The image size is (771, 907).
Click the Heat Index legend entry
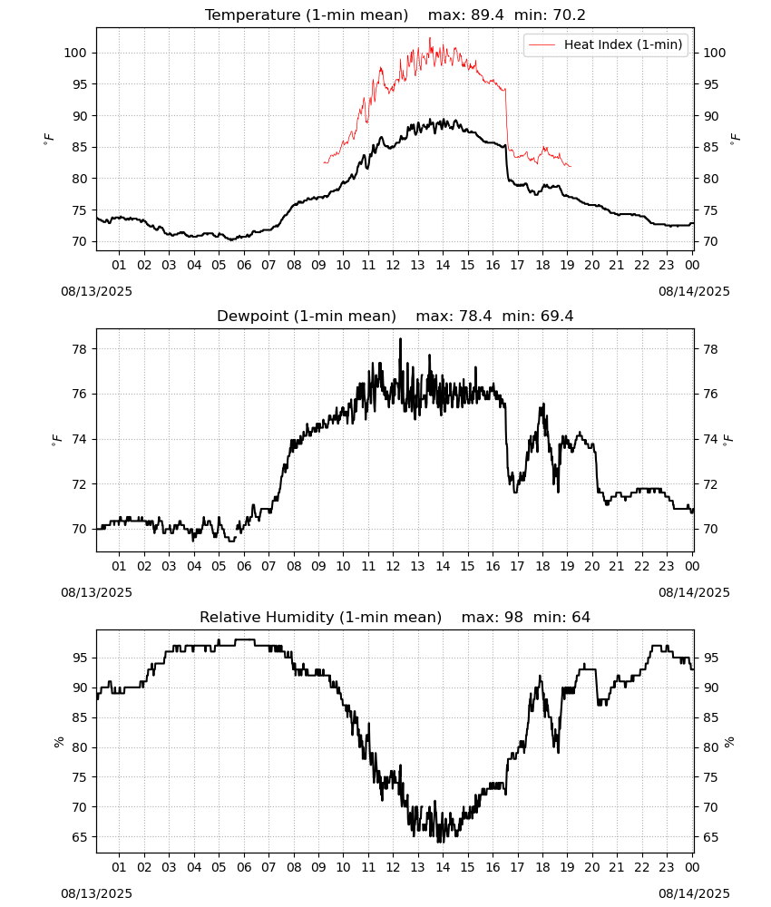tap(606, 44)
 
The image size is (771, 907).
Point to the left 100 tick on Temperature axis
tap(75, 53)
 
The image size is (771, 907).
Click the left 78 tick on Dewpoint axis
tap(79, 349)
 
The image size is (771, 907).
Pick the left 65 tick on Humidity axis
tap(79, 837)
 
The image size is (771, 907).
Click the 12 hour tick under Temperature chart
tap(393, 265)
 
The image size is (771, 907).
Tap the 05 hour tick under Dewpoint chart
tap(219, 566)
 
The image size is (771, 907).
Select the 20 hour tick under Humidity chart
tap(591, 868)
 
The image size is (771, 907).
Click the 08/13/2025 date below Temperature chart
tap(96, 291)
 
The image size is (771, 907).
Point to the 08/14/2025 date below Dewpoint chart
tap(694, 593)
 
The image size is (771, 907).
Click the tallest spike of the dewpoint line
tap(400, 339)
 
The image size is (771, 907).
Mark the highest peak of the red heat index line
tap(430, 38)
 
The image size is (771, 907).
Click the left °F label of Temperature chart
tap(49, 140)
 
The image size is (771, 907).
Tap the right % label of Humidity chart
tap(728, 742)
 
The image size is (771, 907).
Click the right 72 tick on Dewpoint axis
tap(710, 484)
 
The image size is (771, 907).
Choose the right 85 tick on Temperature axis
tap(710, 147)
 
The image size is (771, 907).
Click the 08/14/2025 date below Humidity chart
tap(694, 893)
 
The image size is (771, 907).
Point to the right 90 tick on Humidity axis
tap(710, 688)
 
